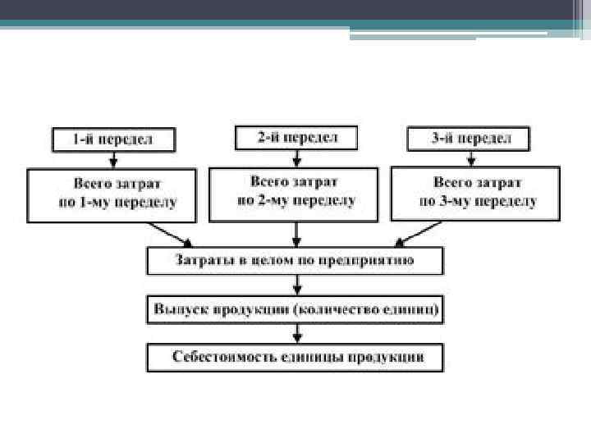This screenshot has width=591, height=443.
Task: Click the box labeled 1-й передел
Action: pyautogui.click(x=113, y=139)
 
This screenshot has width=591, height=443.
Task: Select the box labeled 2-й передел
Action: pyautogui.click(x=295, y=137)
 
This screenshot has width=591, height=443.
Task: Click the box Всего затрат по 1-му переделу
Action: pyautogui.click(x=112, y=194)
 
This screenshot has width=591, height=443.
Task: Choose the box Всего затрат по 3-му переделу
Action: pyautogui.click(x=475, y=194)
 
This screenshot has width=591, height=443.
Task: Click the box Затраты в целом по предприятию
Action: pyautogui.click(x=295, y=261)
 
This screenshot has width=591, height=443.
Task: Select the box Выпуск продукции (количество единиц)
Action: pyautogui.click(x=295, y=310)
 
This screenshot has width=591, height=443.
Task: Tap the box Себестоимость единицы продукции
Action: pyautogui.click(x=295, y=358)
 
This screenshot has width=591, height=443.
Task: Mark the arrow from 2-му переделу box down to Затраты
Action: pyautogui.click(x=296, y=234)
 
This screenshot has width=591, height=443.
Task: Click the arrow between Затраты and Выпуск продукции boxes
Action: pyautogui.click(x=296, y=285)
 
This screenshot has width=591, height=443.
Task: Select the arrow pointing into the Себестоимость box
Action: pyautogui.click(x=296, y=334)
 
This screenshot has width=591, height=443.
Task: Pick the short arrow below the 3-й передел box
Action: pyautogui.click(x=469, y=158)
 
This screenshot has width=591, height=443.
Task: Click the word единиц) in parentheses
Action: pyautogui.click(x=417, y=310)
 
